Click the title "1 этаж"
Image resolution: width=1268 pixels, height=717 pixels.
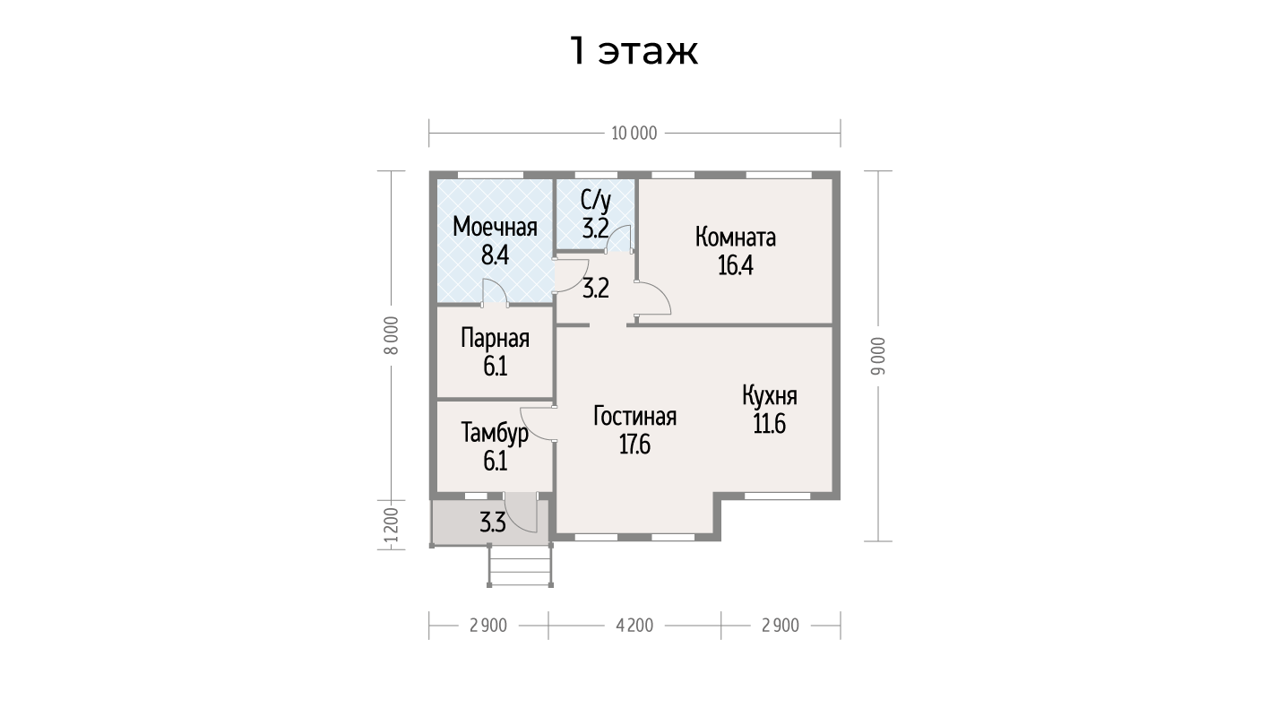click(634, 52)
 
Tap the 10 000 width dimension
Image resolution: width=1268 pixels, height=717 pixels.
click(634, 134)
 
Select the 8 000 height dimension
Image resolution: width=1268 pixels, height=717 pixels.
click(392, 336)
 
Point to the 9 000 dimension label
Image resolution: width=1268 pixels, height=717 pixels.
click(878, 356)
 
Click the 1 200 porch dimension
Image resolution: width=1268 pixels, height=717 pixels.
click(392, 525)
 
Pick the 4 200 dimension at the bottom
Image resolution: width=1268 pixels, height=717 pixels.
click(634, 626)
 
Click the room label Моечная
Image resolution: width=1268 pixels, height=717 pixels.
click(495, 227)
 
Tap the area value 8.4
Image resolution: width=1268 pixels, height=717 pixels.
click(495, 255)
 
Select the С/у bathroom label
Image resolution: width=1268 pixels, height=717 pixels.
click(596, 201)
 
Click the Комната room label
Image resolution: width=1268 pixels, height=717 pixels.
click(736, 238)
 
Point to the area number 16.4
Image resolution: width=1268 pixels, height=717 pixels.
click(736, 265)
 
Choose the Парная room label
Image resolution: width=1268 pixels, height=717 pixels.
click(495, 339)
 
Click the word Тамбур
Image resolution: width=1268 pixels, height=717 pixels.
click(495, 433)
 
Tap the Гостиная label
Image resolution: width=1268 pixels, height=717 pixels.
click(634, 417)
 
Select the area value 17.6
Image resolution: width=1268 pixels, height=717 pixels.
click(634, 445)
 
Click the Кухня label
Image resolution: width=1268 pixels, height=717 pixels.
click(769, 396)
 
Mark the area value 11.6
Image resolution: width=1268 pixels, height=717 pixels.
click(769, 424)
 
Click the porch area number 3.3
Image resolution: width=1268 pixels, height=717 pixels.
click(493, 523)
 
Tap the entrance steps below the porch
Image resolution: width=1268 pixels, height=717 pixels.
click(521, 566)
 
